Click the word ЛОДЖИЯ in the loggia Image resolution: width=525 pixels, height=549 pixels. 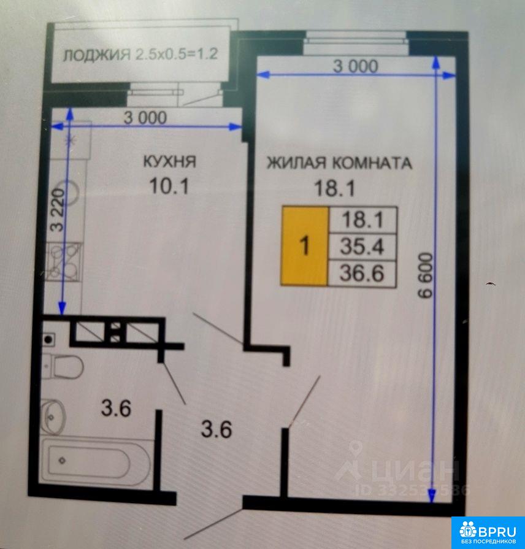click(x=97, y=55)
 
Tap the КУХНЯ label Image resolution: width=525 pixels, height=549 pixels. click(x=170, y=161)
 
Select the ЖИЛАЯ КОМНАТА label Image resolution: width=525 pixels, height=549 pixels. click(x=339, y=163)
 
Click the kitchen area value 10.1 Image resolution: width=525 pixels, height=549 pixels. click(x=169, y=186)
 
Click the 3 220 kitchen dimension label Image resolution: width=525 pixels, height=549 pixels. click(x=58, y=210)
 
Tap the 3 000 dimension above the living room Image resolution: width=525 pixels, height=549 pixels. click(x=356, y=66)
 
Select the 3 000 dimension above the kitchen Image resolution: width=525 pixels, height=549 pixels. click(x=145, y=118)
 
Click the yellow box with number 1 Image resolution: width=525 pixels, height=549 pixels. click(x=305, y=245)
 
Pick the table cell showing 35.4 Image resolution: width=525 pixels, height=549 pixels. click(x=362, y=246)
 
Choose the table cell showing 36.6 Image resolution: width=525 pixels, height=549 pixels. click(x=362, y=273)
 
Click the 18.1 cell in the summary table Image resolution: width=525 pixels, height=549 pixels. click(x=362, y=220)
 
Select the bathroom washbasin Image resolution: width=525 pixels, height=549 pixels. click(x=53, y=417)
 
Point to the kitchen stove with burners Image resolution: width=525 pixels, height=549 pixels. click(x=64, y=261)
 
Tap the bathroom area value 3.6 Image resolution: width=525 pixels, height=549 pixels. click(x=116, y=409)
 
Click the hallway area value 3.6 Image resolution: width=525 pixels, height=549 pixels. click(x=217, y=429)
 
